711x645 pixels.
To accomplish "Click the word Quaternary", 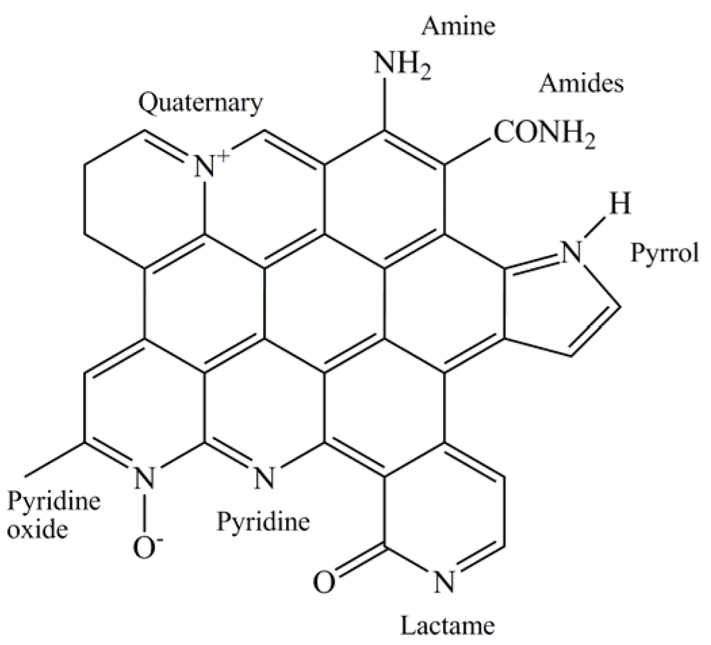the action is tap(201, 103).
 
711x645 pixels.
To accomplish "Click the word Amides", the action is tap(581, 84).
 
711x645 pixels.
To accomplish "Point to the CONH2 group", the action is tap(544, 131).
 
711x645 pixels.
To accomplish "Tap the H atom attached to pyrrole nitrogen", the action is tap(622, 205).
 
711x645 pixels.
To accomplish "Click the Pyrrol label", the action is tap(663, 254).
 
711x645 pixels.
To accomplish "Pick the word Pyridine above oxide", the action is tap(53, 499).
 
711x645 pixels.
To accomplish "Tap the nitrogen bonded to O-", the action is tap(144, 478).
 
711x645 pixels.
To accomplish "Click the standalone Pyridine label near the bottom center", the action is tap(263, 520).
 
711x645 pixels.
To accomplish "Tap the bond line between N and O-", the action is tap(144, 512).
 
